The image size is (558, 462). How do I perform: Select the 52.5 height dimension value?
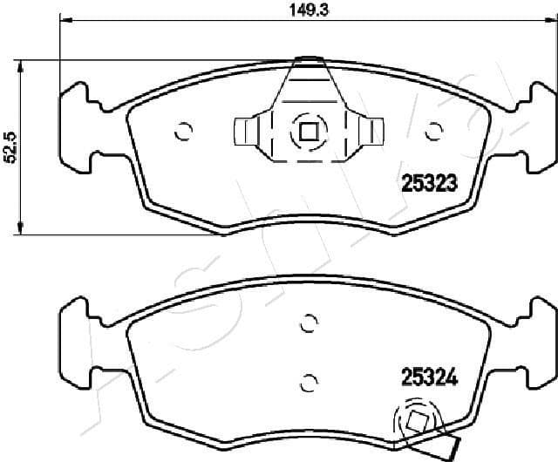pos(10,146)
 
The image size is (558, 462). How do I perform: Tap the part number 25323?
pos(429,183)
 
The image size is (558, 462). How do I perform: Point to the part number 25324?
pos(429,378)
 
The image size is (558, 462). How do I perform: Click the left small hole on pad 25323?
pos(183,132)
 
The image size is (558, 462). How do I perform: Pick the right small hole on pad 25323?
pos(430,132)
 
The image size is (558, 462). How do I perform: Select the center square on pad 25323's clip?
pos(307,132)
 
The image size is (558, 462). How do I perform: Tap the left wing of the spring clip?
pos(247,132)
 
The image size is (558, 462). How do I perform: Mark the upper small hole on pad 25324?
pos(307,323)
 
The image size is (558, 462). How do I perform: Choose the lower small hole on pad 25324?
pos(307,381)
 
